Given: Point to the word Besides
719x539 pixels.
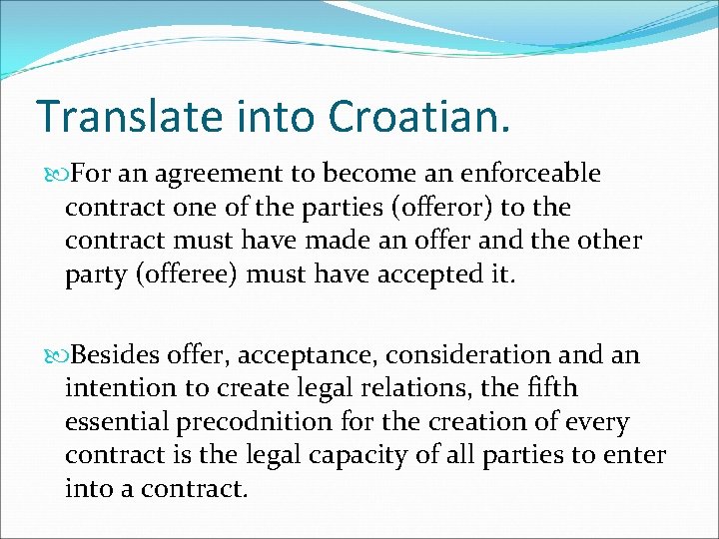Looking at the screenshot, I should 112,355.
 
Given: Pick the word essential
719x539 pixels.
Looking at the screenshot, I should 121,422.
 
